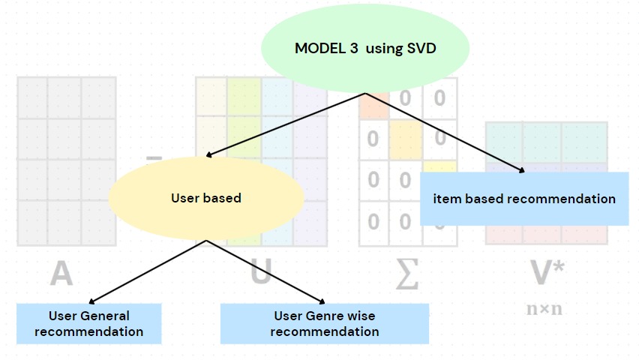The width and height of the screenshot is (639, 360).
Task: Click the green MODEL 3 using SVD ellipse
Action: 365,49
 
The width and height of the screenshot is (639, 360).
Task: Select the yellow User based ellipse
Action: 206,198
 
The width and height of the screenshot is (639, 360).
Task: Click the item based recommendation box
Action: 524,199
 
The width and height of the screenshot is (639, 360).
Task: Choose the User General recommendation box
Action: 88,323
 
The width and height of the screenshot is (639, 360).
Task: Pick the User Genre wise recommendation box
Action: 324,323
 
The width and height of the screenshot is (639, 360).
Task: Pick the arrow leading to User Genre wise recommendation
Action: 265,270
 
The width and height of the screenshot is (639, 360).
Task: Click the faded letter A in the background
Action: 61,273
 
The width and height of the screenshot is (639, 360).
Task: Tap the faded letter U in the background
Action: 260,273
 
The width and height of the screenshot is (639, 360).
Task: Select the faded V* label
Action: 547,273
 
